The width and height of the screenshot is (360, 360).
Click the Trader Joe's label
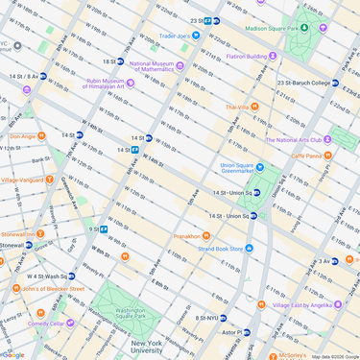173,36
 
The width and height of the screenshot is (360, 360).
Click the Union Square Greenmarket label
242,167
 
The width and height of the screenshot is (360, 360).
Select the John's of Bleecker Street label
53,288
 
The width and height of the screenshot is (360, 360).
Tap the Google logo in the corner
13,354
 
